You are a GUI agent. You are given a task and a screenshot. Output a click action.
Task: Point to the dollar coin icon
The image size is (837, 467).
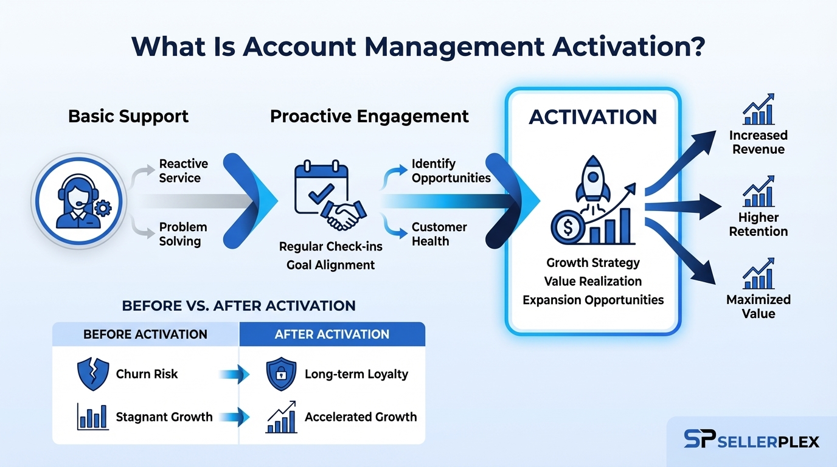coord(568,228)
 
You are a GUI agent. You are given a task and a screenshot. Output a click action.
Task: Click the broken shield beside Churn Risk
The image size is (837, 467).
coord(93,374)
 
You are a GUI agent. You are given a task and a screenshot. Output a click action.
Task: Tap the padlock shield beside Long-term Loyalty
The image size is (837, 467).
coord(282,374)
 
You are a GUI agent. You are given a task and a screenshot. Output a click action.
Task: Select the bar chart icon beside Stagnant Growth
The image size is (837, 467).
coord(92,417)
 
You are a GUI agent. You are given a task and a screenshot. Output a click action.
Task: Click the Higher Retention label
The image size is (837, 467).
coord(758,224)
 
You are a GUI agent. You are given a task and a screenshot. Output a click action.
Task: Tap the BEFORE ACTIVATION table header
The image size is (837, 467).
coord(145,334)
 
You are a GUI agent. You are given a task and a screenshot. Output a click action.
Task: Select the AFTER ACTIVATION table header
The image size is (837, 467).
coord(332,334)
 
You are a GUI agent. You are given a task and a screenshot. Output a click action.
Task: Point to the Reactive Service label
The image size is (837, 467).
coord(183,171)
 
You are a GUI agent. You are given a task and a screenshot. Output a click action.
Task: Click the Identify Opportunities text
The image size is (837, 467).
coord(451,171)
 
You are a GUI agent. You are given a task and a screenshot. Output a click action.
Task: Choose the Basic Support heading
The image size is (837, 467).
coord(128,116)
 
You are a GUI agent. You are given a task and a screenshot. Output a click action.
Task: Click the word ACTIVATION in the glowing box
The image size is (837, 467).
coord(592,117)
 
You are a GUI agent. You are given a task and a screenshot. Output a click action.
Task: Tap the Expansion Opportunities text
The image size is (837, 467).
coord(593,300)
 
